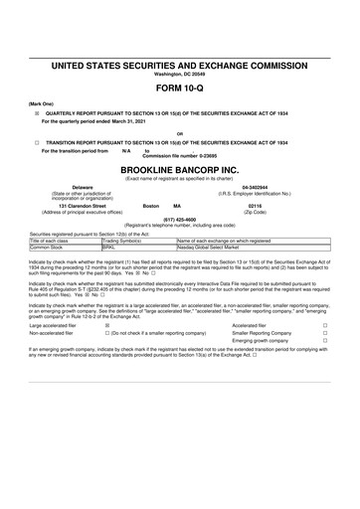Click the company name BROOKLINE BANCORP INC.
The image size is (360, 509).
coord(179,171)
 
